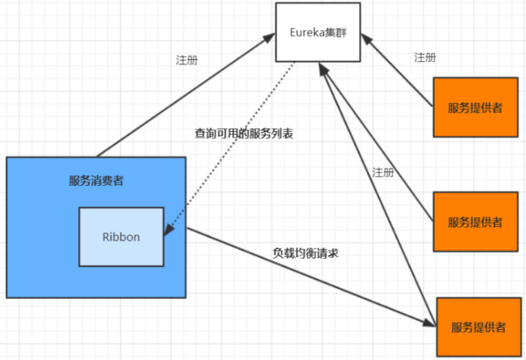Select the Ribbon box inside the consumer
[121, 237]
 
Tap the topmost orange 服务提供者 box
[475, 107]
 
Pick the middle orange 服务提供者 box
[475, 222]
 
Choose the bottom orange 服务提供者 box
[478, 327]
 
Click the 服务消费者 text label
[96, 181]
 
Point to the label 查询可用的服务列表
[243, 134]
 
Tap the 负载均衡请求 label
[305, 252]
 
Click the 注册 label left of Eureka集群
[187, 61]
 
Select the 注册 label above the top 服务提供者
[425, 57]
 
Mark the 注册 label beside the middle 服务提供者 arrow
[383, 172]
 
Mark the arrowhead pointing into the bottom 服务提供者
[429, 323]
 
